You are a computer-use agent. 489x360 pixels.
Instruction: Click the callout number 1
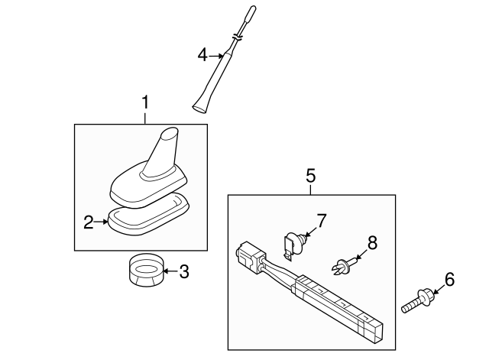(145, 102)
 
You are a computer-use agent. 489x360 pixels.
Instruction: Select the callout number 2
(89, 222)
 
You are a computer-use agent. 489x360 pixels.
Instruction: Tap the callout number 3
(183, 271)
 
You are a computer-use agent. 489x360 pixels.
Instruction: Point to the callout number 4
(202, 54)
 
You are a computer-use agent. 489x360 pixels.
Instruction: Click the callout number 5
(311, 175)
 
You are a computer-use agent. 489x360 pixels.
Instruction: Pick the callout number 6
(449, 281)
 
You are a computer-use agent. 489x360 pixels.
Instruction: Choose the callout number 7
(321, 221)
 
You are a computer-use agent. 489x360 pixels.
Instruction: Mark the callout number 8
(372, 243)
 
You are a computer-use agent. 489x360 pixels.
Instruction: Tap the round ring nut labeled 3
(144, 272)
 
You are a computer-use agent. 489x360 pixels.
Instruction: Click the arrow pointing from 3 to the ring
(169, 271)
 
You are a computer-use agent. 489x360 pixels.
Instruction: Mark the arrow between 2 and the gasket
(102, 222)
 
